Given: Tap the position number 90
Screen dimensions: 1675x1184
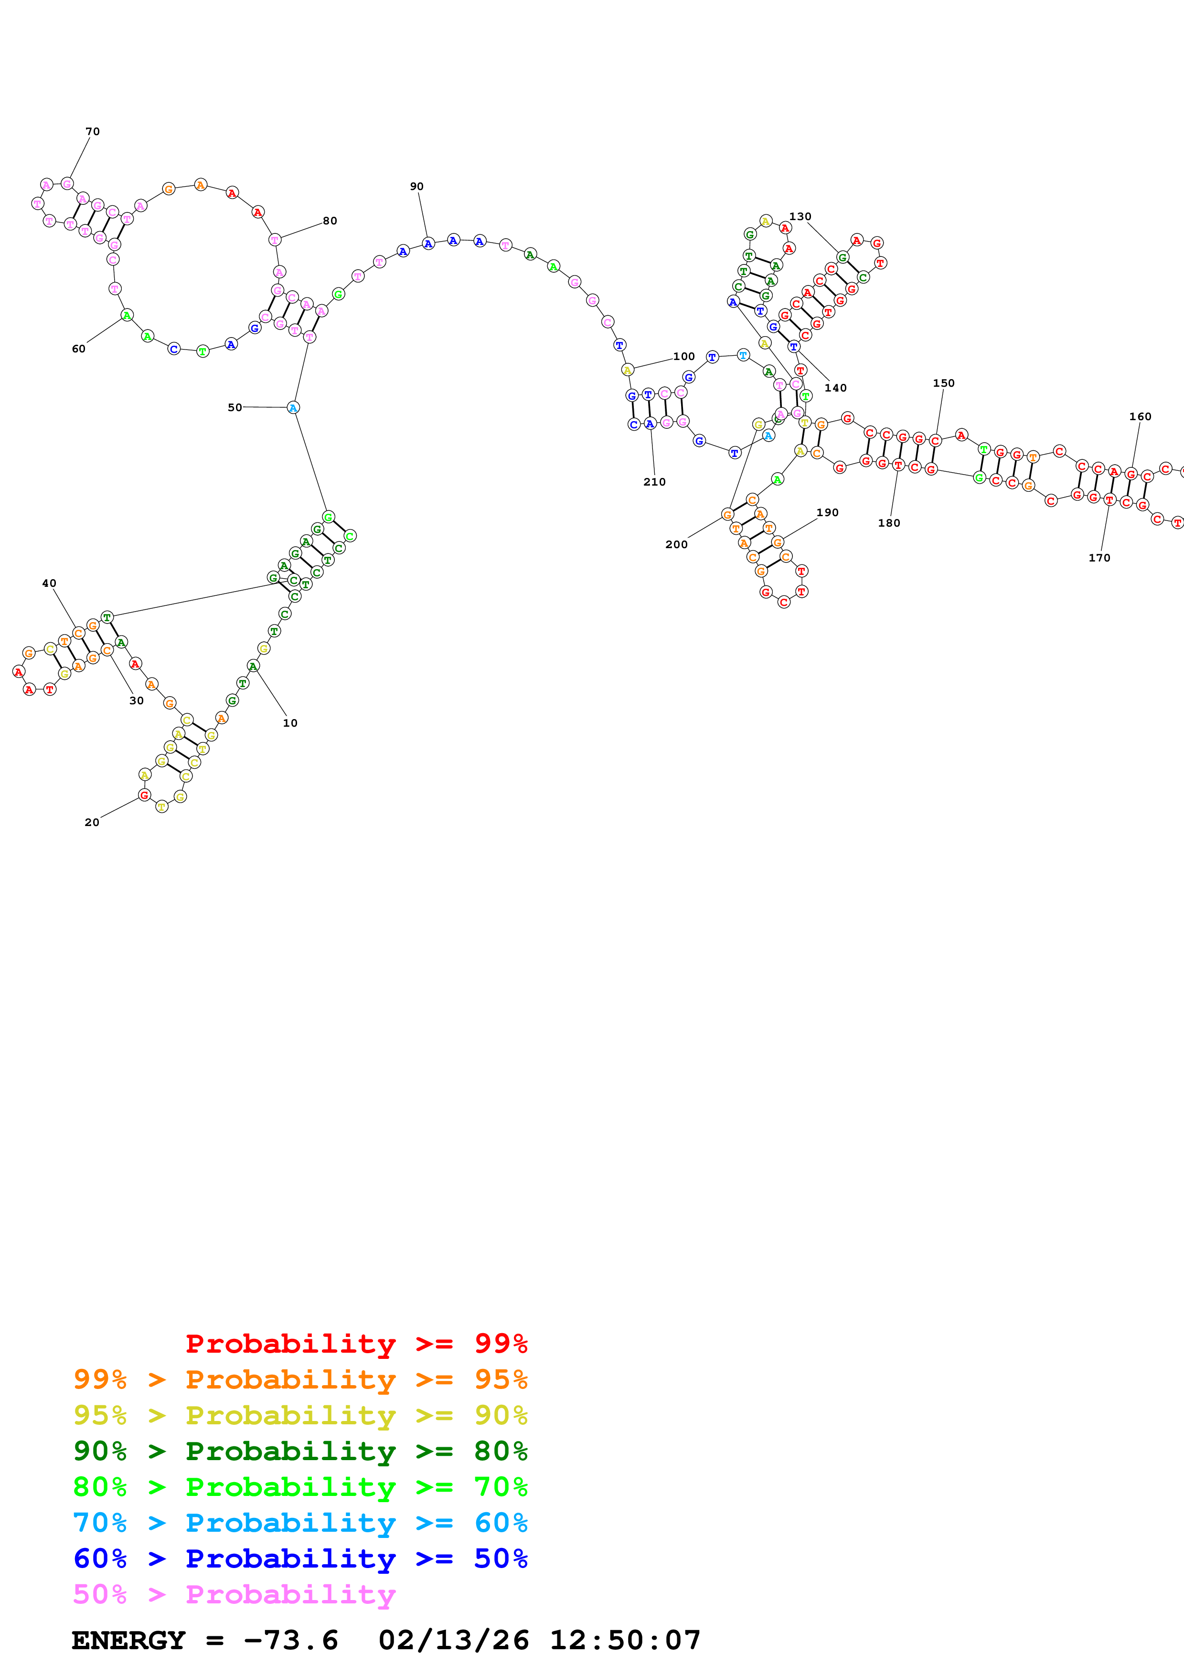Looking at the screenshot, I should tap(416, 187).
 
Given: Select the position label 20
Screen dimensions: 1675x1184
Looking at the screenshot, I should tap(92, 823).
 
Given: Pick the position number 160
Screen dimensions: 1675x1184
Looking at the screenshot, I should tap(1140, 416).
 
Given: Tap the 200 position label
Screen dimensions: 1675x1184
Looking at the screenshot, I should tap(676, 545).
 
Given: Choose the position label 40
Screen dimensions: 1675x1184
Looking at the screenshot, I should tap(49, 583).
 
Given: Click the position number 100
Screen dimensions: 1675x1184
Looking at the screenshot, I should tap(683, 357).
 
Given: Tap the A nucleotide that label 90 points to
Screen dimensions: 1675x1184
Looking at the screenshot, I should tap(428, 244).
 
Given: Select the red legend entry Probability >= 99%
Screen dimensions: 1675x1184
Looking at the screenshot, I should tap(356, 1344).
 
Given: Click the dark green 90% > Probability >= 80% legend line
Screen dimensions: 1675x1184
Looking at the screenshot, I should tap(300, 1452).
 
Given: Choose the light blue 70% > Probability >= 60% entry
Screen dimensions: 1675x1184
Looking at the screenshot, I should tap(300, 1523).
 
